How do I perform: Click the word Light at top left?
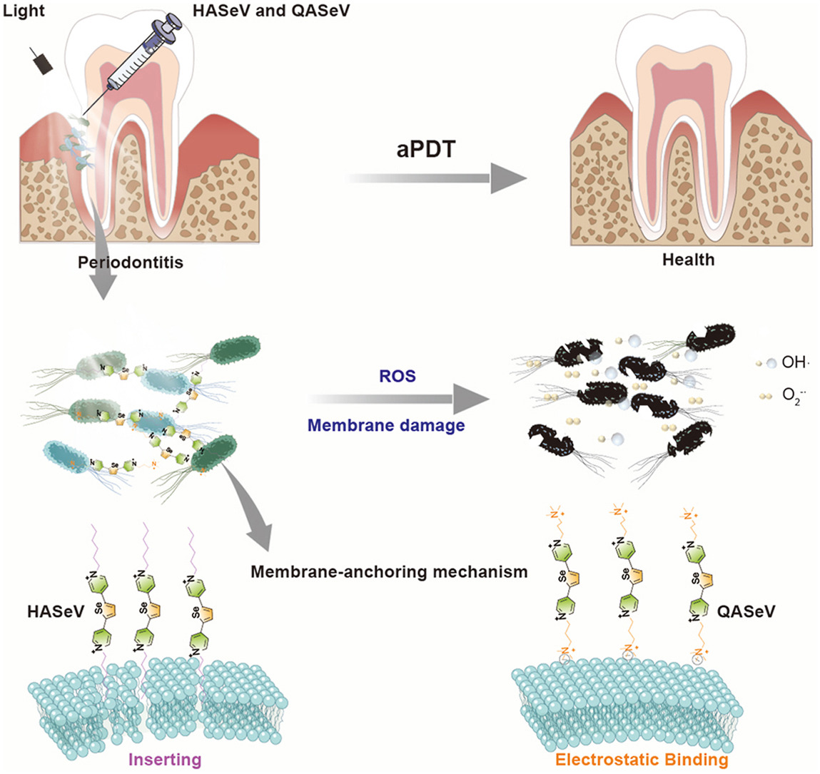24,11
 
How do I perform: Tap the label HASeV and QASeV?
271,11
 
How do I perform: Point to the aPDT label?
425,149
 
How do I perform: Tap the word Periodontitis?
131,263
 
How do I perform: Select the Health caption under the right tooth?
688,260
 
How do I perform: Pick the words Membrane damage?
386,426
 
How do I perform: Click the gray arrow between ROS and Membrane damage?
400,401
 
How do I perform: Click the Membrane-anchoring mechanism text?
389,571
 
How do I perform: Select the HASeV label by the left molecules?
54,611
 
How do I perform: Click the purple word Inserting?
166,759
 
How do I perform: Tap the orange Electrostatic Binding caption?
642,759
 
